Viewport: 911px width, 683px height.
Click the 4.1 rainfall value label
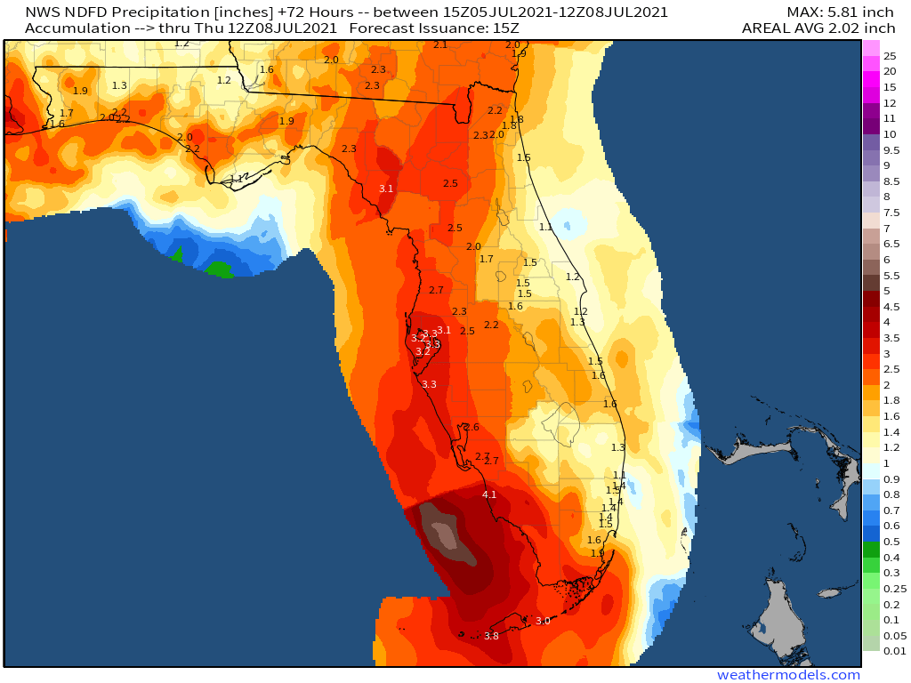tap(489, 494)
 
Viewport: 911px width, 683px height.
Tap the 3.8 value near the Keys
tap(491, 636)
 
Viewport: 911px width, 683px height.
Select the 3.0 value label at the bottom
tap(543, 621)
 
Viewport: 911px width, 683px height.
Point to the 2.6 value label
tap(472, 427)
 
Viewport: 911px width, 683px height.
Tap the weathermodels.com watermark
tap(789, 675)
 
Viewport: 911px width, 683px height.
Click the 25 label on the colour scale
tap(890, 55)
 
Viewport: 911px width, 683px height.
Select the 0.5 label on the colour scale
tap(891, 542)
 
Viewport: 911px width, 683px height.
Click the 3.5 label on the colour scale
tap(891, 338)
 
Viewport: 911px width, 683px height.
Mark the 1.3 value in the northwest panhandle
tap(120, 85)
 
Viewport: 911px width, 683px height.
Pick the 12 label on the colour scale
tap(890, 103)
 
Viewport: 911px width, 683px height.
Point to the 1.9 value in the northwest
tap(80, 91)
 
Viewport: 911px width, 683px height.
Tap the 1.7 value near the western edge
tap(67, 113)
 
